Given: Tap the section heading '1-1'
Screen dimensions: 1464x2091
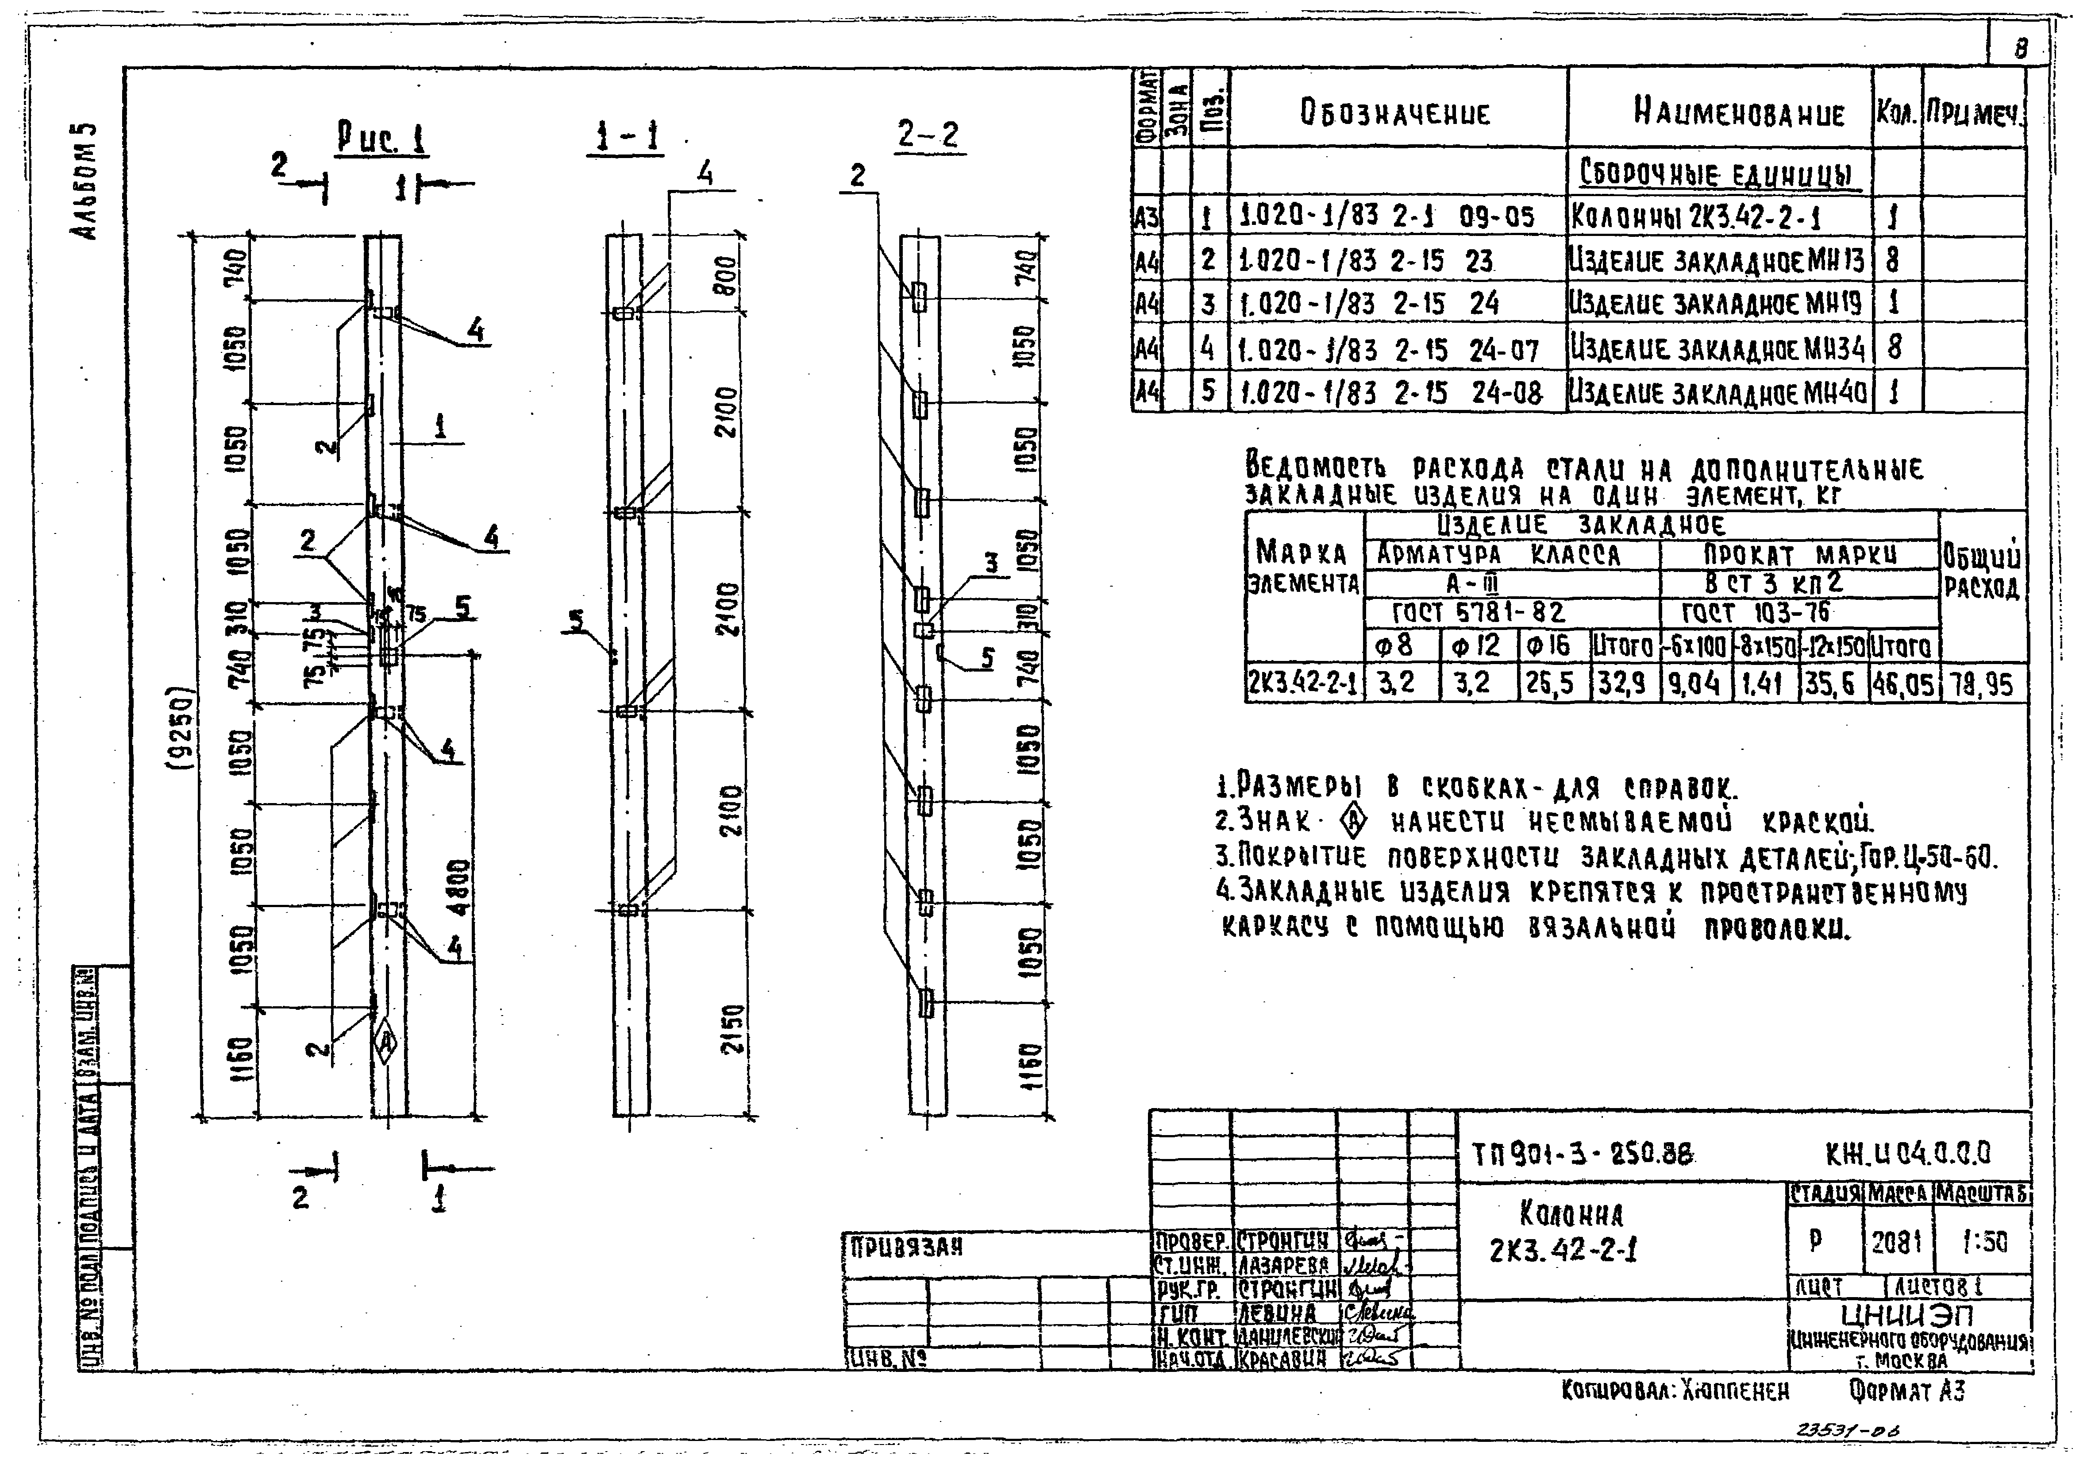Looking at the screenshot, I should [625, 137].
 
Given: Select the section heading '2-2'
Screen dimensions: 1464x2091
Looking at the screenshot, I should [927, 135].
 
